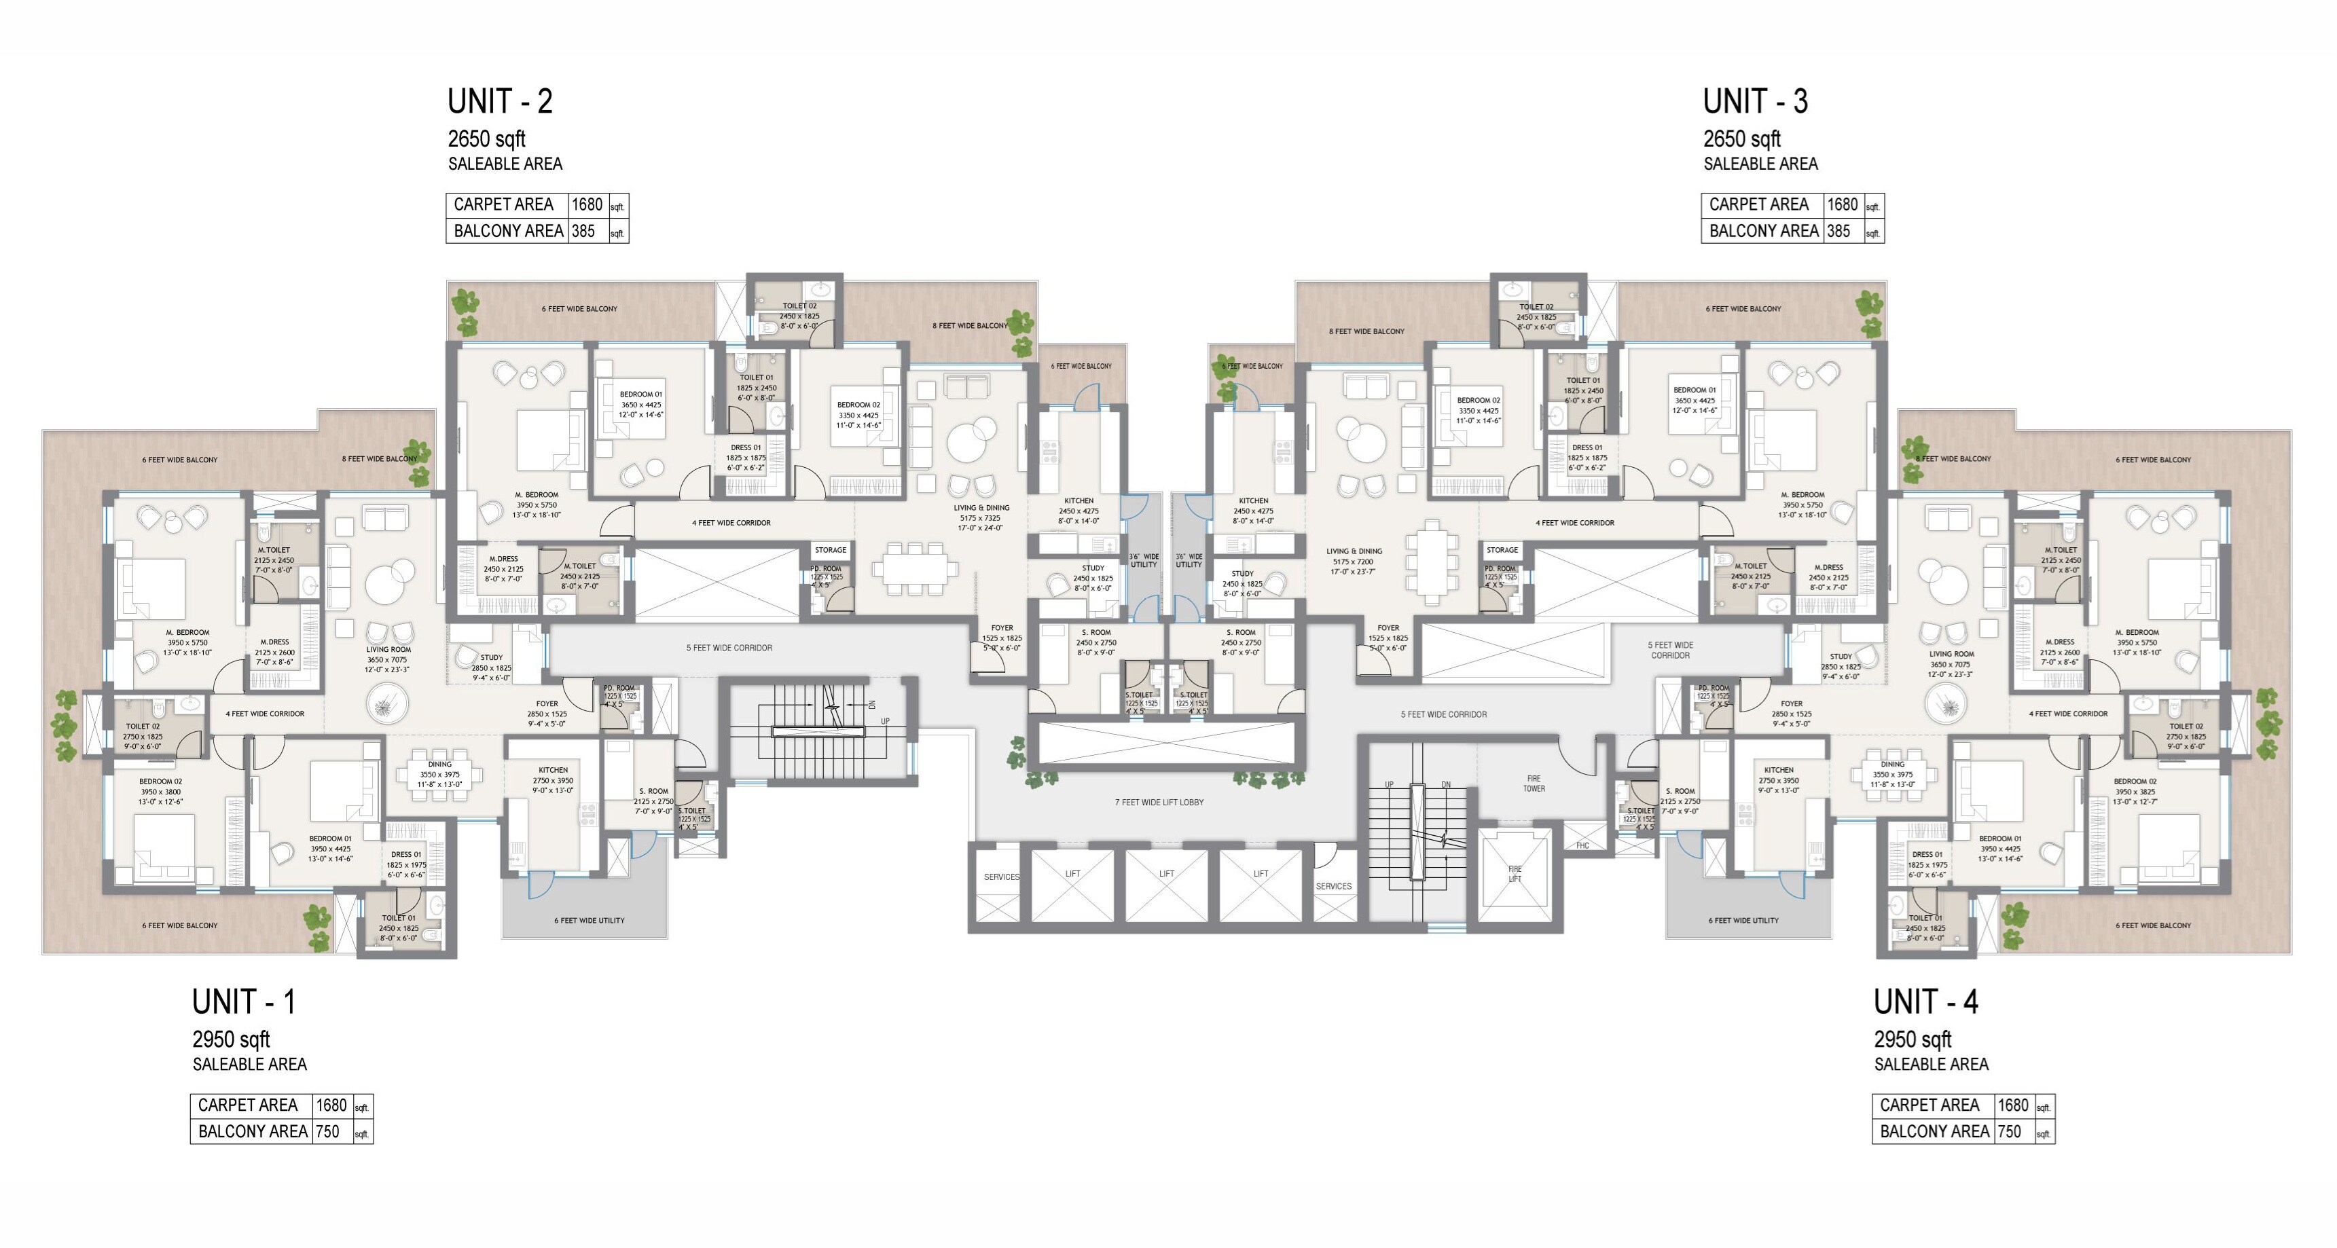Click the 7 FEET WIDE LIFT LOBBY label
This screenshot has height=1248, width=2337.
1159,803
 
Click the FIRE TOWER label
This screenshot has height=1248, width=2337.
1533,784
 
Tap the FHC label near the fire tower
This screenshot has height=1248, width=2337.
1582,846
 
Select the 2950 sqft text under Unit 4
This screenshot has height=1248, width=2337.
1913,1040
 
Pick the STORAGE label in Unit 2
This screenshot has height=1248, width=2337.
830,549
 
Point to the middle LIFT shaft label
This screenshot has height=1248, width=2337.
1167,873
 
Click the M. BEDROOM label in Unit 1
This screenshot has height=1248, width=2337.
188,632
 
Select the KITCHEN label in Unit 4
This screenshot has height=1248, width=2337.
1778,770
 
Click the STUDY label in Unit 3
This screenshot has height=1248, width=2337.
1242,573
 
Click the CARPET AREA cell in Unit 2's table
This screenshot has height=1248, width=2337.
503,205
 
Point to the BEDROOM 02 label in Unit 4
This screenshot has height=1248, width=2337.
2135,781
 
